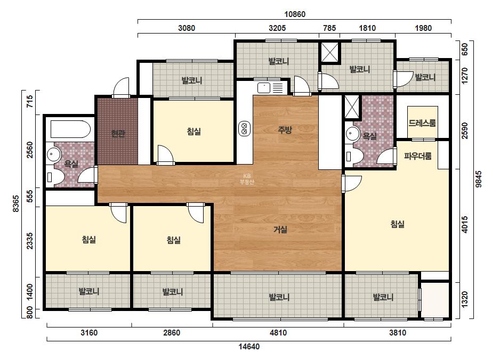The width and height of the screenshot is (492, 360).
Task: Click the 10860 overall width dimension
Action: (x=295, y=14)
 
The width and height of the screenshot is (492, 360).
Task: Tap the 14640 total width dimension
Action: (x=249, y=347)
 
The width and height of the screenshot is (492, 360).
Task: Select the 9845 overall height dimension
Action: (x=479, y=179)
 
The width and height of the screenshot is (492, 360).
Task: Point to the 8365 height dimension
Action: (x=15, y=204)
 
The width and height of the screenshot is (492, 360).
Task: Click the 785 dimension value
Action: (x=329, y=28)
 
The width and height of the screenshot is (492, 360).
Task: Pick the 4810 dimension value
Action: (x=278, y=332)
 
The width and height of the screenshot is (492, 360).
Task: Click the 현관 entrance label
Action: (x=118, y=134)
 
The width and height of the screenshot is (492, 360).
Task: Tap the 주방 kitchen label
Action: (x=285, y=129)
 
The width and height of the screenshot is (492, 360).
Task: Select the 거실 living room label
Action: (x=280, y=230)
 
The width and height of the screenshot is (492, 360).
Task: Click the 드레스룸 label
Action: (x=422, y=123)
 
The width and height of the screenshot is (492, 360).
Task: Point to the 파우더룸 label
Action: (x=417, y=156)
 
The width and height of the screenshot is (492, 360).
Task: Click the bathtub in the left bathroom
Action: (x=70, y=129)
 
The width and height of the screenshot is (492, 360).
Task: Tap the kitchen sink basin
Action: (x=264, y=88)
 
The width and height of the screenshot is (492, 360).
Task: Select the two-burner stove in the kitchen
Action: (x=245, y=128)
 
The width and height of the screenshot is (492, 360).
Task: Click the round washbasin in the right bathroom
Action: (x=353, y=134)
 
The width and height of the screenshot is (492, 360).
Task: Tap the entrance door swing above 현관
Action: (x=121, y=87)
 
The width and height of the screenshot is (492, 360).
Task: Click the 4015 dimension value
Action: (x=465, y=225)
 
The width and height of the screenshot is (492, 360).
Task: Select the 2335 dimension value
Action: (x=29, y=241)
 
